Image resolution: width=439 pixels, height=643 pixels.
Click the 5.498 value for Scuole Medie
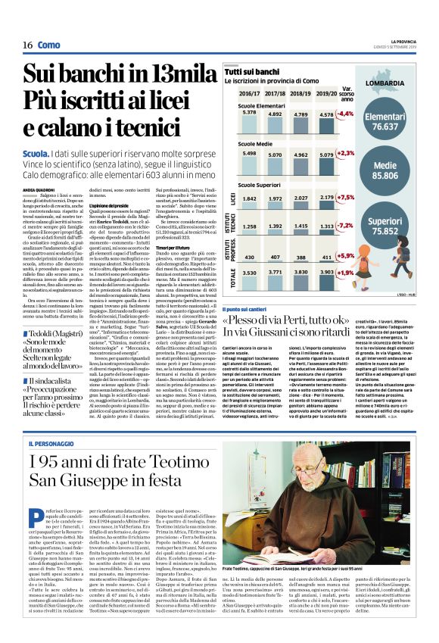click(251, 154)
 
